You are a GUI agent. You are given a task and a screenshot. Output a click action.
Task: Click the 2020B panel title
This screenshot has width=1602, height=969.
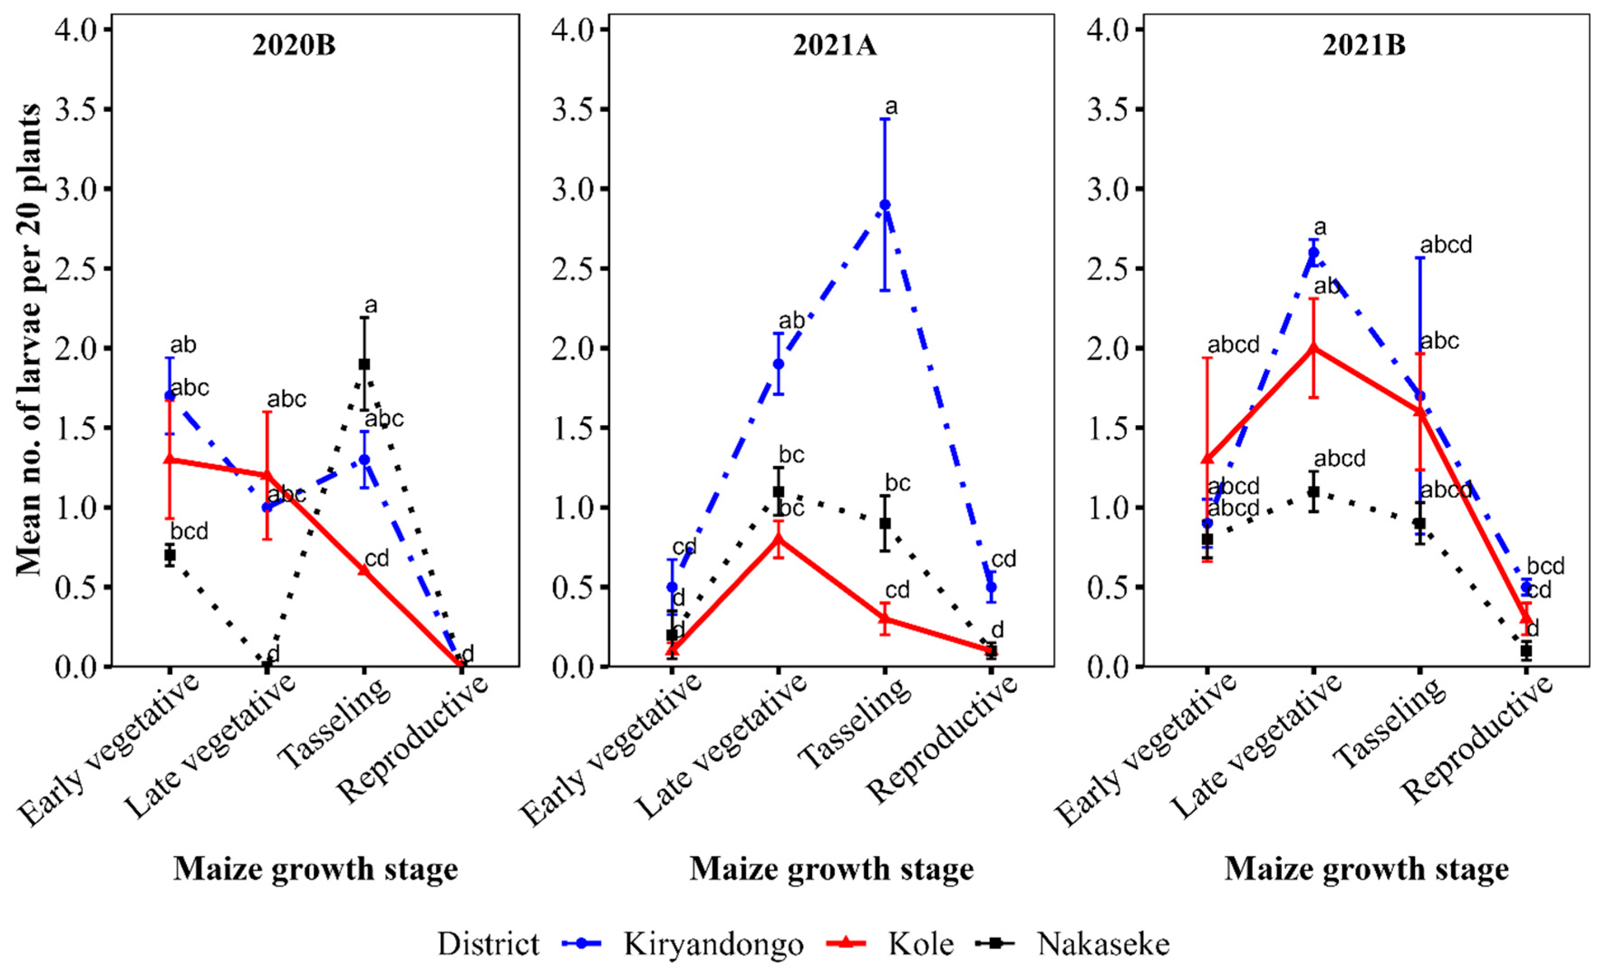coord(294,47)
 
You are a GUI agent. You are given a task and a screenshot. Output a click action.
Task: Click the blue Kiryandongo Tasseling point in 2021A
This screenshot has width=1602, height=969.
coord(885,205)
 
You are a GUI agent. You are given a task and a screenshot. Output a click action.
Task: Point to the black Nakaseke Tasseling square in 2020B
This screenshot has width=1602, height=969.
coord(365,364)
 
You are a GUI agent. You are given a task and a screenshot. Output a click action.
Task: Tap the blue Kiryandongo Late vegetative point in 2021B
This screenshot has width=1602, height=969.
coord(1313,252)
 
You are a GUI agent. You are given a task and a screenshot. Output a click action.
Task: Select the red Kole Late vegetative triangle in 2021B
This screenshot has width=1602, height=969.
coord(1313,348)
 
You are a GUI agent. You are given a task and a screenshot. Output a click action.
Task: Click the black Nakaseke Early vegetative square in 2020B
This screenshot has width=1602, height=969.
coord(170,555)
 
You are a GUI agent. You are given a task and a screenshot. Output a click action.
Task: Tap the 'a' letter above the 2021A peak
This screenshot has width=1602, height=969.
coord(891,107)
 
